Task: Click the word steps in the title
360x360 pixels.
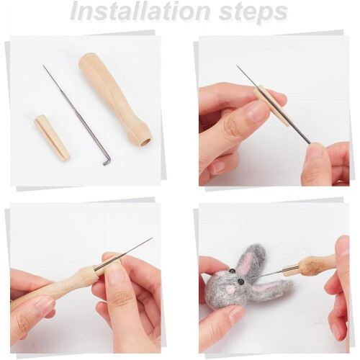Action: pos(253,13)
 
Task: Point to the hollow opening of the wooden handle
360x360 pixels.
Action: pos(145,143)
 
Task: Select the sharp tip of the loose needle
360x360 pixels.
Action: pos(44,66)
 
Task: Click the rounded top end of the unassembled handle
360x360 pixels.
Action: pos(89,60)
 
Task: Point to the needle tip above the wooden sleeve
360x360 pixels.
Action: pos(237,66)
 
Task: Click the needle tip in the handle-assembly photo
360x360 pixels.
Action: pos(152,238)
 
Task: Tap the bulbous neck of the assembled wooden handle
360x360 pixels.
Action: pos(84,275)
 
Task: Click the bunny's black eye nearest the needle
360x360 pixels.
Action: pos(241,282)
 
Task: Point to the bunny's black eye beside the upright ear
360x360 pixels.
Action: pos(233,271)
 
